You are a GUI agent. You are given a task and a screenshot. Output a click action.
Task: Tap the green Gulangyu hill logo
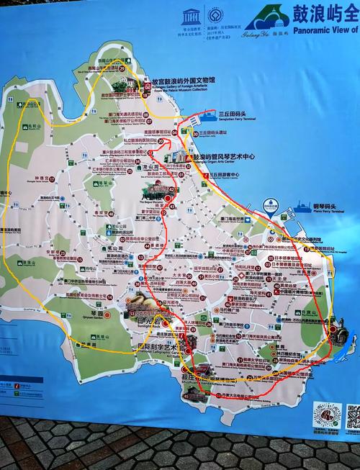(x=264, y=16)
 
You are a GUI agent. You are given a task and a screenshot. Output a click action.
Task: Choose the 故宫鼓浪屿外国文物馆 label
(x=184, y=82)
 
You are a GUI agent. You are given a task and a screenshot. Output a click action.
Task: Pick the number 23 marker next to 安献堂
(x=62, y=253)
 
